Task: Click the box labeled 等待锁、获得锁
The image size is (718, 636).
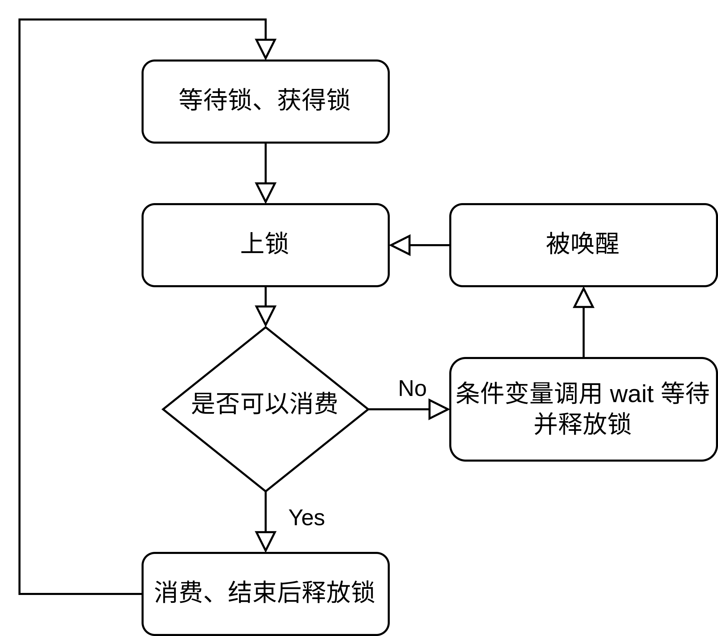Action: (265, 102)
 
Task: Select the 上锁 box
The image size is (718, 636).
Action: (265, 245)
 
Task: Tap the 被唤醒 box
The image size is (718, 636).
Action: (583, 245)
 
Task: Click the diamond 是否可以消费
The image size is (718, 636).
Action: (265, 409)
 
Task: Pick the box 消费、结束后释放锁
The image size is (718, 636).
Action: (265, 594)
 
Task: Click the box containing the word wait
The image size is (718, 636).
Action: (583, 409)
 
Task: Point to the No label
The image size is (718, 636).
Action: (412, 389)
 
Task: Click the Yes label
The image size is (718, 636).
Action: (307, 518)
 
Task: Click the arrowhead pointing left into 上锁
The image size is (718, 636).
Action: (400, 245)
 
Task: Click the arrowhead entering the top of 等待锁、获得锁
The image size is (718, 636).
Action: (265, 49)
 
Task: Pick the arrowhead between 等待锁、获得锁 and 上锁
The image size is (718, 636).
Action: (265, 192)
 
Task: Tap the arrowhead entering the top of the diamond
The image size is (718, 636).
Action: (265, 315)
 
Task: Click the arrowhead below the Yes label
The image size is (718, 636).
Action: (265, 541)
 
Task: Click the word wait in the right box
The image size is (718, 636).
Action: (631, 394)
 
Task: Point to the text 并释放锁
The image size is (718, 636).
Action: (582, 424)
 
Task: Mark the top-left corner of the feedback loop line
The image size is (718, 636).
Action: (20, 20)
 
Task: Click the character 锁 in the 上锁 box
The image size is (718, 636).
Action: (277, 243)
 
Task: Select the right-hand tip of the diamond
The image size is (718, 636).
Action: (367, 409)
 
